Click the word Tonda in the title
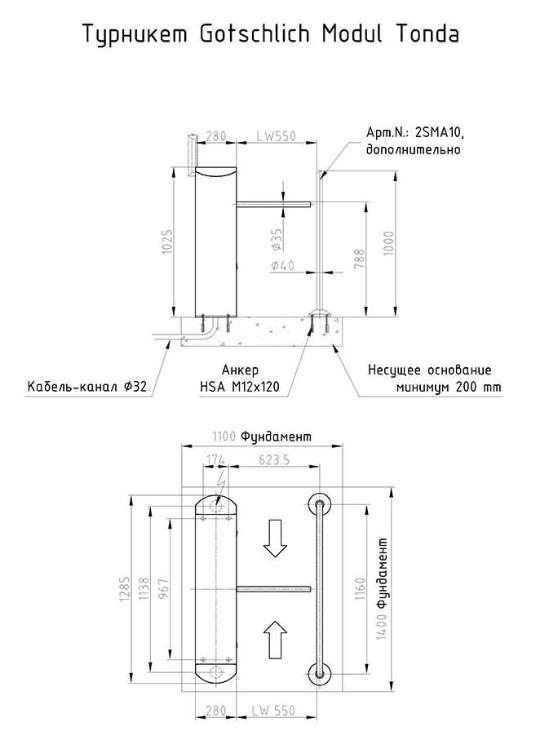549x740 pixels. tap(427, 33)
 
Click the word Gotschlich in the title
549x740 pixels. tap(255, 33)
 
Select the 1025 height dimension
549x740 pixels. tap(167, 241)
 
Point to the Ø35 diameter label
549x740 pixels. tap(277, 240)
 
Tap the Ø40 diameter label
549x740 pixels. tap(282, 265)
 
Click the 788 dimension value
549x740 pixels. tap(359, 259)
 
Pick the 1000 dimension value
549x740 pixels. tap(388, 243)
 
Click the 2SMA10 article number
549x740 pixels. tap(439, 133)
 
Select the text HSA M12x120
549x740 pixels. tap(239, 387)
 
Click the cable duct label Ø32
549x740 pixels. tap(135, 387)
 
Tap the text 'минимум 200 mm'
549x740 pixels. tap(449, 387)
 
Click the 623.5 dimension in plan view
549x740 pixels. tap(274, 459)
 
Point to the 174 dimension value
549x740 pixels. tap(215, 459)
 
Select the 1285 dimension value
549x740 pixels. tap(125, 588)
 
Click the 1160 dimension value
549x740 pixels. tap(361, 588)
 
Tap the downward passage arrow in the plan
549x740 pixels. tap(275, 538)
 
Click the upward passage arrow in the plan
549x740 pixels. tap(275, 640)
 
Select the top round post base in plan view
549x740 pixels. tap(320, 504)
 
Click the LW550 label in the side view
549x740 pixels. tap(277, 136)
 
